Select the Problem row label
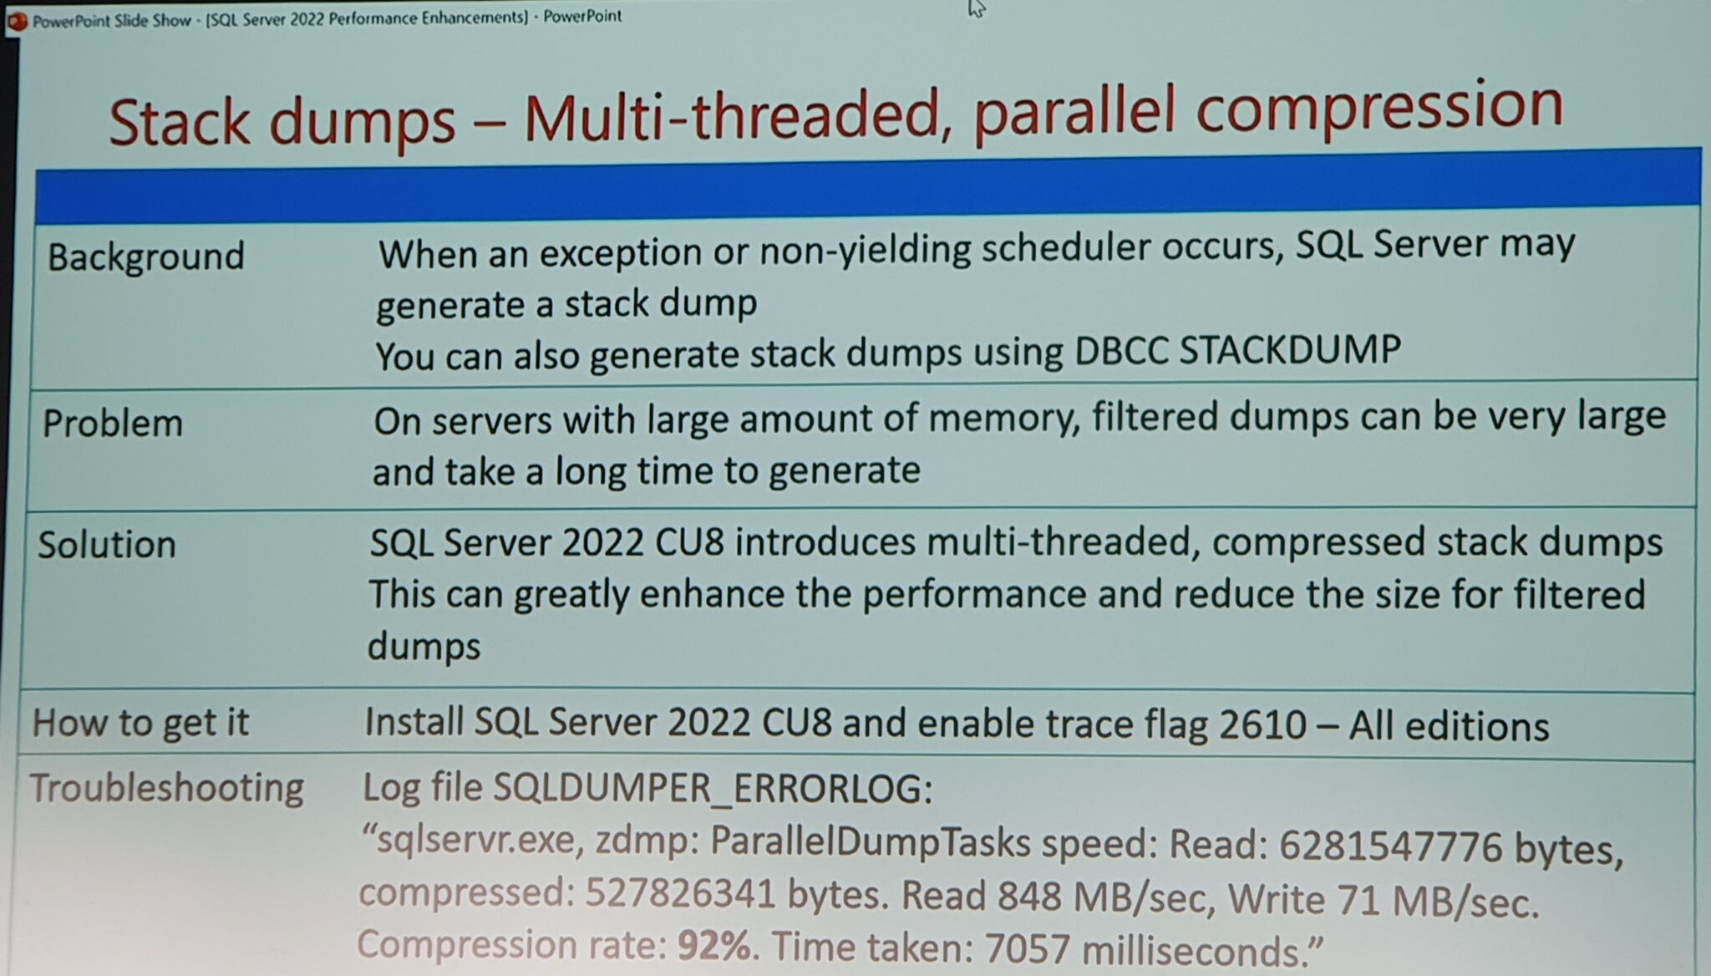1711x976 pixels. pyautogui.click(x=113, y=424)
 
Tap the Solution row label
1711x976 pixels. pyautogui.click(x=107, y=545)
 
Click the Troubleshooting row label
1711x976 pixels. pyautogui.click(x=166, y=788)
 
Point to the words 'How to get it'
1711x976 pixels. pyautogui.click(x=140, y=723)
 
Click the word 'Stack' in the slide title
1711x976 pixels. pyautogui.click(x=180, y=123)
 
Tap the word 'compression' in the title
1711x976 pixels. pyautogui.click(x=1379, y=109)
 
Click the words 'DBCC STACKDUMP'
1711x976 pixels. pyautogui.click(x=1237, y=349)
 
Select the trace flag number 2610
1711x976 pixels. pyautogui.click(x=1262, y=724)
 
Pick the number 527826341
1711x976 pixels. pyautogui.click(x=681, y=893)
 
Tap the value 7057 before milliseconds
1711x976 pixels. pyautogui.click(x=1028, y=948)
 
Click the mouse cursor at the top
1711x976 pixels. pyautogui.click(x=977, y=8)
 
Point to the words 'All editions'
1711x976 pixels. pyautogui.click(x=1449, y=725)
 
